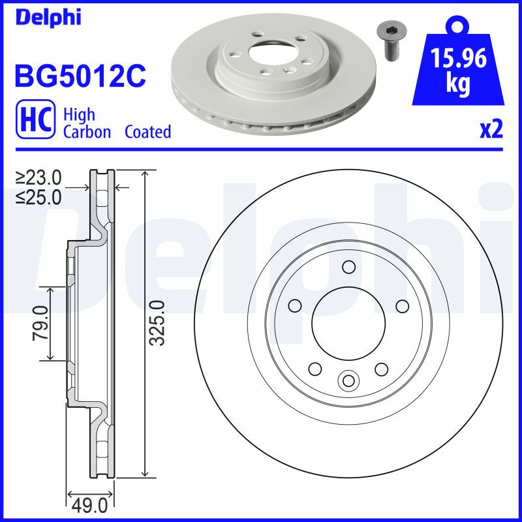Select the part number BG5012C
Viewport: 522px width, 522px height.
point(79,76)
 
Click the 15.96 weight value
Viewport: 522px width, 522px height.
point(458,60)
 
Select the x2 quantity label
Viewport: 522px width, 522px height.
point(491,130)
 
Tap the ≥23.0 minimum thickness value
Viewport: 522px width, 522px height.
point(38,177)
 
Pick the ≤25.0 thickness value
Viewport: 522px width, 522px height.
point(38,196)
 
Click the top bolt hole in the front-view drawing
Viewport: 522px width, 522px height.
point(348,267)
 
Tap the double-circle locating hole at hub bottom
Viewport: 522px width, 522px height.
point(348,380)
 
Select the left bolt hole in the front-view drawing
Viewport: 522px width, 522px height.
point(294,306)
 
